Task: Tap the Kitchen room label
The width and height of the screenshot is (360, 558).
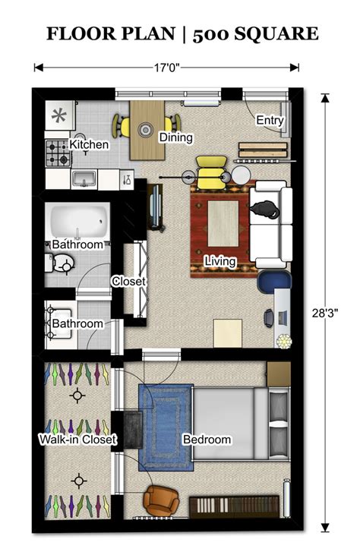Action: [x=90, y=144]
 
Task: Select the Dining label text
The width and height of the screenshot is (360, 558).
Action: [x=175, y=137]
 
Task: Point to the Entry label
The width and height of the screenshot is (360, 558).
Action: [x=270, y=120]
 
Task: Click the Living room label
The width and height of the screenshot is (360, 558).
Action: [x=219, y=261]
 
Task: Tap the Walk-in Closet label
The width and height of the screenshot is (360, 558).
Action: [x=77, y=440]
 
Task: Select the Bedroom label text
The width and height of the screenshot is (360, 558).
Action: [x=207, y=440]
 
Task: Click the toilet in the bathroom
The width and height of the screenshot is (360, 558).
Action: [x=62, y=263]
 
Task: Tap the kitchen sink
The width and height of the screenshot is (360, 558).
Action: [x=84, y=178]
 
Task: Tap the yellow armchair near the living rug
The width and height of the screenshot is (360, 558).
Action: [x=208, y=171]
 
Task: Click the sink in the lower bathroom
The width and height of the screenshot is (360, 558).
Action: [x=61, y=312]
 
